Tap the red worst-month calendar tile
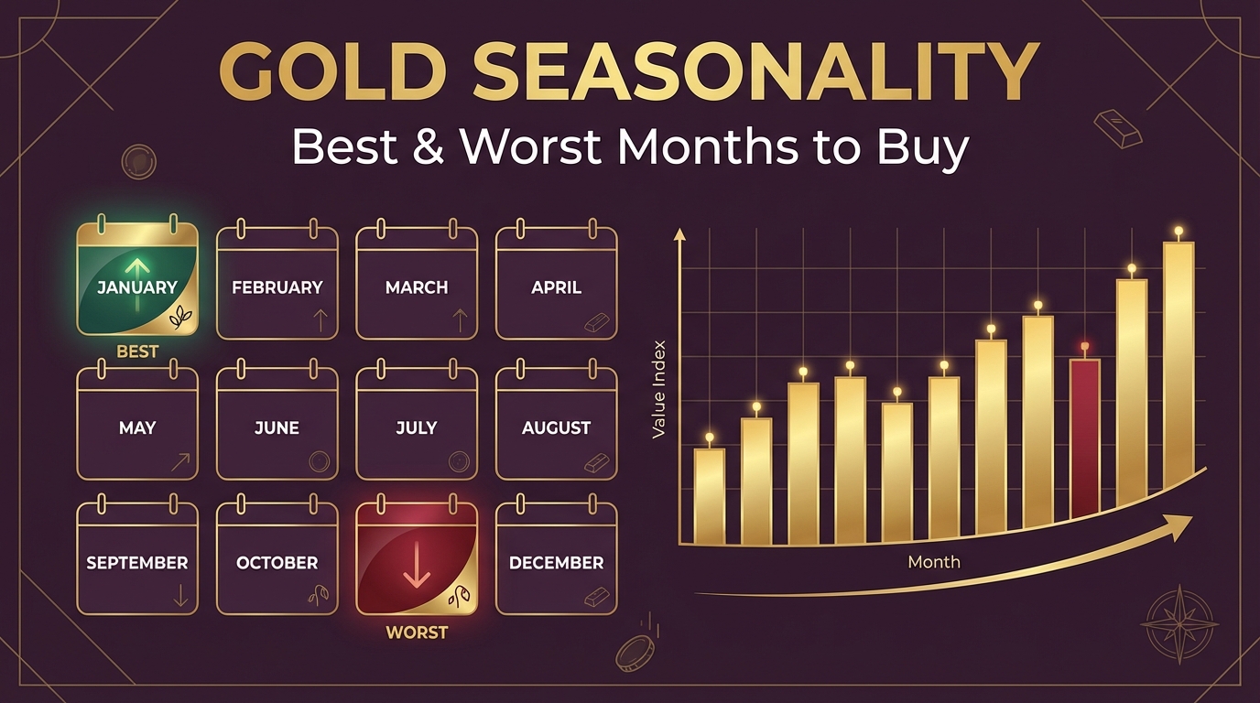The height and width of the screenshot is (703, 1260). [x=417, y=558]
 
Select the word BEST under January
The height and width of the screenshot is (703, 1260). [x=137, y=351]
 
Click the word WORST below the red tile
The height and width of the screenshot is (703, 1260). [x=417, y=633]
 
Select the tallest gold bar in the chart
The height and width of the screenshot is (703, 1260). [x=1179, y=366]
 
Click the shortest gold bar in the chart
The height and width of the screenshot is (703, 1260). [x=709, y=494]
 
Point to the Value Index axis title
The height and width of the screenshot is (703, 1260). [x=658, y=389]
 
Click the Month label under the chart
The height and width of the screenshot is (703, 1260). [x=934, y=561]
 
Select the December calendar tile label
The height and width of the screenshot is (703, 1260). [x=556, y=563]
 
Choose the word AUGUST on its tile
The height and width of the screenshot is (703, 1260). [x=556, y=427]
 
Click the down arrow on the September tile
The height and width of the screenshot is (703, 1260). [x=179, y=596]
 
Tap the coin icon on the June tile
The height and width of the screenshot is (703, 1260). [x=319, y=461]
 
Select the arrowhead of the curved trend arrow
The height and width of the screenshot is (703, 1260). [x=1181, y=524]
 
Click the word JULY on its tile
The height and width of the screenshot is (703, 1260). [x=417, y=427]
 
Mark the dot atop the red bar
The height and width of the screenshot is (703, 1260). [x=1085, y=347]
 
